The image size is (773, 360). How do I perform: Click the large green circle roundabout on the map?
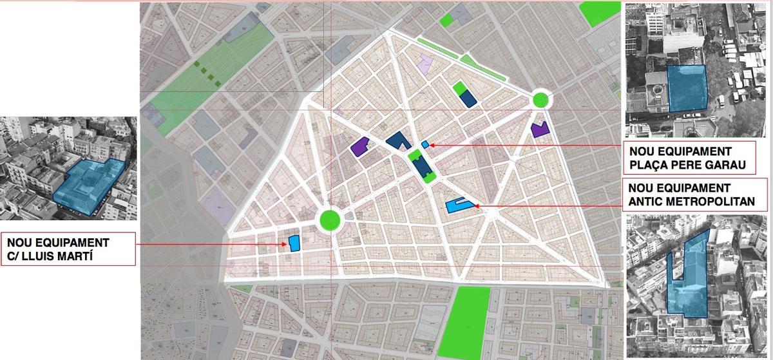330,220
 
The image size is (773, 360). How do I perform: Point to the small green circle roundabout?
541,100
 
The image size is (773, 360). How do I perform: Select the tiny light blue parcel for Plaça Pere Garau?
425,144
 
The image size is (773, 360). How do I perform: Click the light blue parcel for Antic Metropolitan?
459,205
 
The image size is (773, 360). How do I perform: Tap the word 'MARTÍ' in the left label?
78,256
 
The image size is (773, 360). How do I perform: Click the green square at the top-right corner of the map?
600,13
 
